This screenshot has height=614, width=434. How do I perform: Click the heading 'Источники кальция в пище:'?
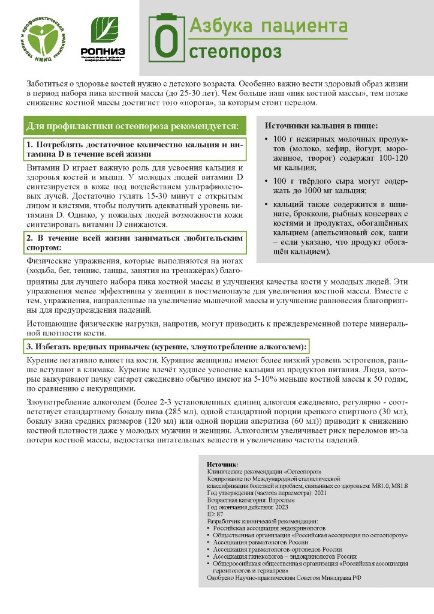[x=321, y=126]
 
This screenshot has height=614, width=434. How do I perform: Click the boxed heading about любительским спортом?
[x=134, y=242]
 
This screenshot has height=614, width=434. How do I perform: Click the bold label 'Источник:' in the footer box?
[x=222, y=465]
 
